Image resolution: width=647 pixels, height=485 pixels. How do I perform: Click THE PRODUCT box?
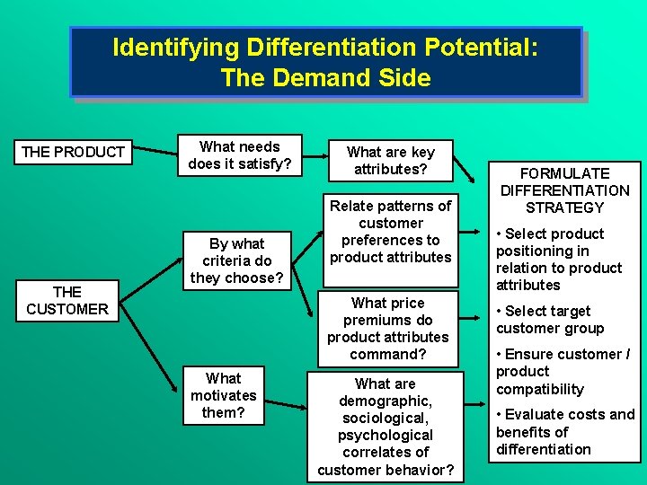(73, 152)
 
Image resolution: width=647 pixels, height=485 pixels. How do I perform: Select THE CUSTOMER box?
(67, 301)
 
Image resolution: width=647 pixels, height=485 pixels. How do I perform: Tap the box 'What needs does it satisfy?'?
(240, 155)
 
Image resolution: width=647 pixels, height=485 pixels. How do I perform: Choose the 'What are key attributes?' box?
(390, 161)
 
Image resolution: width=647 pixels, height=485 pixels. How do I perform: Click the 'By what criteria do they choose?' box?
(237, 260)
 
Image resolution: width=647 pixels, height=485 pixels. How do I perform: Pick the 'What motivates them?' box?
(223, 395)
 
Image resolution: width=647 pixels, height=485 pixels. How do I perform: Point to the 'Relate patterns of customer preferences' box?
(390, 232)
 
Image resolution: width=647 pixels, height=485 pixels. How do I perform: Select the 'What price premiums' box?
(387, 329)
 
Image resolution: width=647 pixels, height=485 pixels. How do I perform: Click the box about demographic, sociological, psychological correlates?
(386, 427)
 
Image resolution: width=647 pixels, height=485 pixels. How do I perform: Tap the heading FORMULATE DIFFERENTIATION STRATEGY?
(565, 190)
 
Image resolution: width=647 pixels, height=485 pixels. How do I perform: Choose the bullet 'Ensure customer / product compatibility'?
(563, 372)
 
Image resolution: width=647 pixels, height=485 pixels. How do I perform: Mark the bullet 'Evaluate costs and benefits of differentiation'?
(565, 432)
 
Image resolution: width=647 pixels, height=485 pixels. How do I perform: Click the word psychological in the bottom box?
(386, 435)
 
